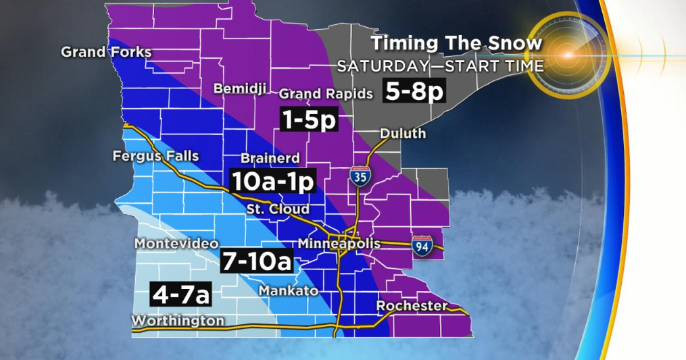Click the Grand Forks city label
coord(106,52)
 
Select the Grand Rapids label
coord(326,93)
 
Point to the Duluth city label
coord(403,133)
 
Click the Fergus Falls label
coord(155,157)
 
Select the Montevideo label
coord(176,243)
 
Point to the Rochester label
coord(412,306)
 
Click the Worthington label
coord(178,320)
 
